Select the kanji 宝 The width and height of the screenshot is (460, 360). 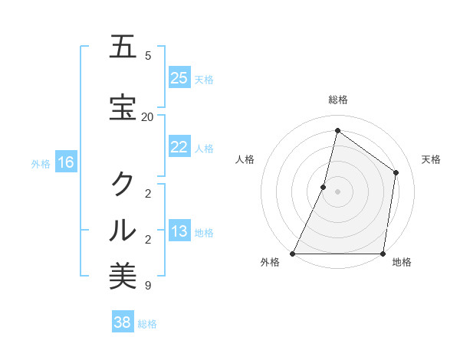(123, 108)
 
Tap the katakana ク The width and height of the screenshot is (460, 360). (123, 184)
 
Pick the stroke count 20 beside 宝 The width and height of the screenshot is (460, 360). (148, 117)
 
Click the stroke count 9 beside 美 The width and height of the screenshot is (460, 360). (148, 286)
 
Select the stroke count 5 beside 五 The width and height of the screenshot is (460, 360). (148, 56)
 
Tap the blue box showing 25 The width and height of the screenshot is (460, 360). (179, 78)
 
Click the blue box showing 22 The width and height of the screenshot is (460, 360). (179, 147)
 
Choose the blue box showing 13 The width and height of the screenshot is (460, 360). (179, 231)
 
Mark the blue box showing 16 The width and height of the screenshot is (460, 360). (66, 162)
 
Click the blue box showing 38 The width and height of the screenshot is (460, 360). (123, 322)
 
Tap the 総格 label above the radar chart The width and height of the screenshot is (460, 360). (338, 100)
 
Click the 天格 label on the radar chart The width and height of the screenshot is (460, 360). (431, 159)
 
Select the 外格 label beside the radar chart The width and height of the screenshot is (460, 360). (270, 263)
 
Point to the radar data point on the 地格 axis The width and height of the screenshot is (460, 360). (383, 254)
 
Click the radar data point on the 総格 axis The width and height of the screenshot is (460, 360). (337, 131)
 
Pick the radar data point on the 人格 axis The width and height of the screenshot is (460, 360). (324, 187)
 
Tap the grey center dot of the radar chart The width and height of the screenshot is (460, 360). (337, 191)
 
